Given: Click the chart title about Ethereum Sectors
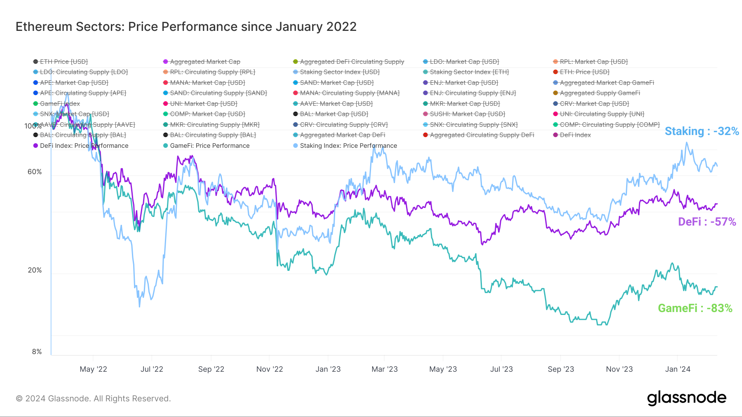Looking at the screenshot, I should coord(186,27).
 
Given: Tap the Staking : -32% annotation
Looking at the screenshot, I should coord(702,131).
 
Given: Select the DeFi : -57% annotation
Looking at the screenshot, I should coord(707,222).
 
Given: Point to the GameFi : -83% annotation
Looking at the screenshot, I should coord(695,308).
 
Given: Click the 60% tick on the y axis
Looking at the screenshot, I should coord(35,172).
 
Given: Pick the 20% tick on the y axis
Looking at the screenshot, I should coord(35,270).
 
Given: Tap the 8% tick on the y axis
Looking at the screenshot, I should coord(37,352).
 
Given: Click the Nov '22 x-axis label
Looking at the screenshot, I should coord(270,369).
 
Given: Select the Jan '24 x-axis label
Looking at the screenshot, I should coord(678,369).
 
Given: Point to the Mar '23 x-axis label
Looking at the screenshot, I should coord(385,369).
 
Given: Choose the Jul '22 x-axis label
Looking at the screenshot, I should coord(152,369).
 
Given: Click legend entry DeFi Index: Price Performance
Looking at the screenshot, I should coord(84,146).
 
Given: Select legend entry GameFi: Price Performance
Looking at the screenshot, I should coord(209,146).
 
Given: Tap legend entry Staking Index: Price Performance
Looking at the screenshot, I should coord(348,146).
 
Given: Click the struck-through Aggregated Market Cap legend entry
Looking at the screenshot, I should coord(205,62).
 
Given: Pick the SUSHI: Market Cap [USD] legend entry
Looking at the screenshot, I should coord(467,114).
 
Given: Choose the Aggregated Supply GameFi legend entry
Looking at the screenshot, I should coord(600,93).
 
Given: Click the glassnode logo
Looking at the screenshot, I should coord(686,398).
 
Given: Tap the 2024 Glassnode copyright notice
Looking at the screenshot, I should coord(93,398).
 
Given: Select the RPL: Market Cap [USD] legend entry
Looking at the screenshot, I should coord(594,62).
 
